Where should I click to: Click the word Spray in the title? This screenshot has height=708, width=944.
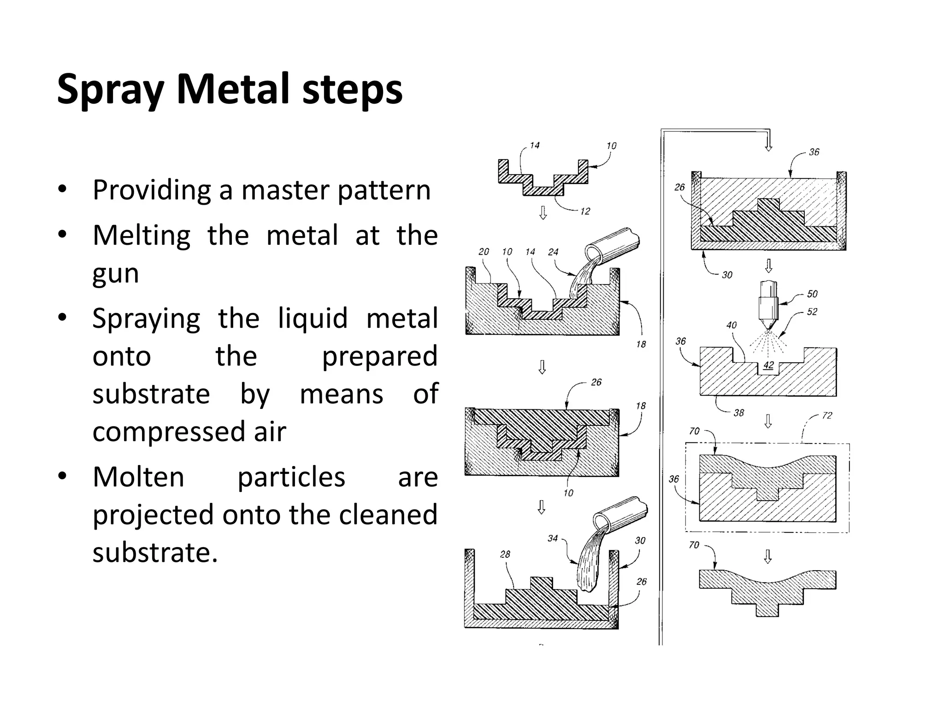point(110,90)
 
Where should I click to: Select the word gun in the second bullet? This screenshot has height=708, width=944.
point(115,274)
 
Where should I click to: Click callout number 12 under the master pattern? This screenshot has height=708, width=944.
point(584,212)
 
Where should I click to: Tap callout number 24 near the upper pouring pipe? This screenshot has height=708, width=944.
point(553,252)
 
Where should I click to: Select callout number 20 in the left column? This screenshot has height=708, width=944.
point(484,252)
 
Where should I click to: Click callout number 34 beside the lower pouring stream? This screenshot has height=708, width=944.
point(553,538)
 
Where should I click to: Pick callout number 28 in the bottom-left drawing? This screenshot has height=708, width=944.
point(505,554)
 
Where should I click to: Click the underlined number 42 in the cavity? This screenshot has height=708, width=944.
point(768,366)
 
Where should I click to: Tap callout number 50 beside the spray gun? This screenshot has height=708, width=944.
point(812,294)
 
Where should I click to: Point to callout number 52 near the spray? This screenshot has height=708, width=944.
point(812,312)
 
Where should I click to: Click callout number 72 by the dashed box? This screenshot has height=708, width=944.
point(827,415)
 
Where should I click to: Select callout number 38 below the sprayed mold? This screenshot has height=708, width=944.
point(739,413)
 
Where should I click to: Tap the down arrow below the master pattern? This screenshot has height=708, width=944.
point(543,212)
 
